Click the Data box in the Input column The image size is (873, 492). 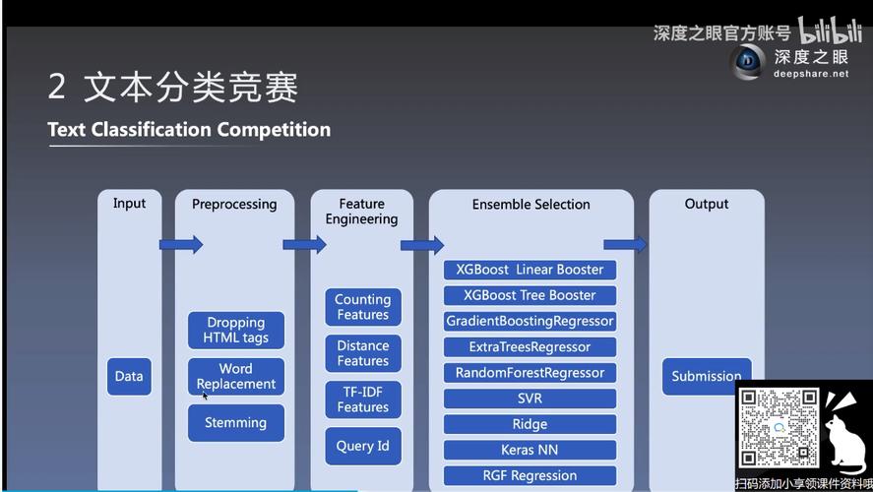[129, 376]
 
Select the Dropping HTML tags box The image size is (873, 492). [236, 330]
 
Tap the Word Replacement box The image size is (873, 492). [236, 376]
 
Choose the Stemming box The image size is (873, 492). [236, 422]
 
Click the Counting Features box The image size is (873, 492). [362, 307]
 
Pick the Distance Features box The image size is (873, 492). [362, 353]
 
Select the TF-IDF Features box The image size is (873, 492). [362, 400]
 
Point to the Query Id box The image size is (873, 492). [362, 446]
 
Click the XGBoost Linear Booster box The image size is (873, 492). [530, 270]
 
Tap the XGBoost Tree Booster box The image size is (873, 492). [530, 295]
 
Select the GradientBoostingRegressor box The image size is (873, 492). [530, 321]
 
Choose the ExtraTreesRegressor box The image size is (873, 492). [530, 346]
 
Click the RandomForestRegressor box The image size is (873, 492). [530, 373]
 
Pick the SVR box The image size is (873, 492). [530, 399]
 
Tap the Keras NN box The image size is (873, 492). [530, 450]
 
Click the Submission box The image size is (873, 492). [706, 376]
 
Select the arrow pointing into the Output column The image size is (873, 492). [625, 244]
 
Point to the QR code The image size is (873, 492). [779, 427]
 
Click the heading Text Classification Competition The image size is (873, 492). [189, 130]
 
